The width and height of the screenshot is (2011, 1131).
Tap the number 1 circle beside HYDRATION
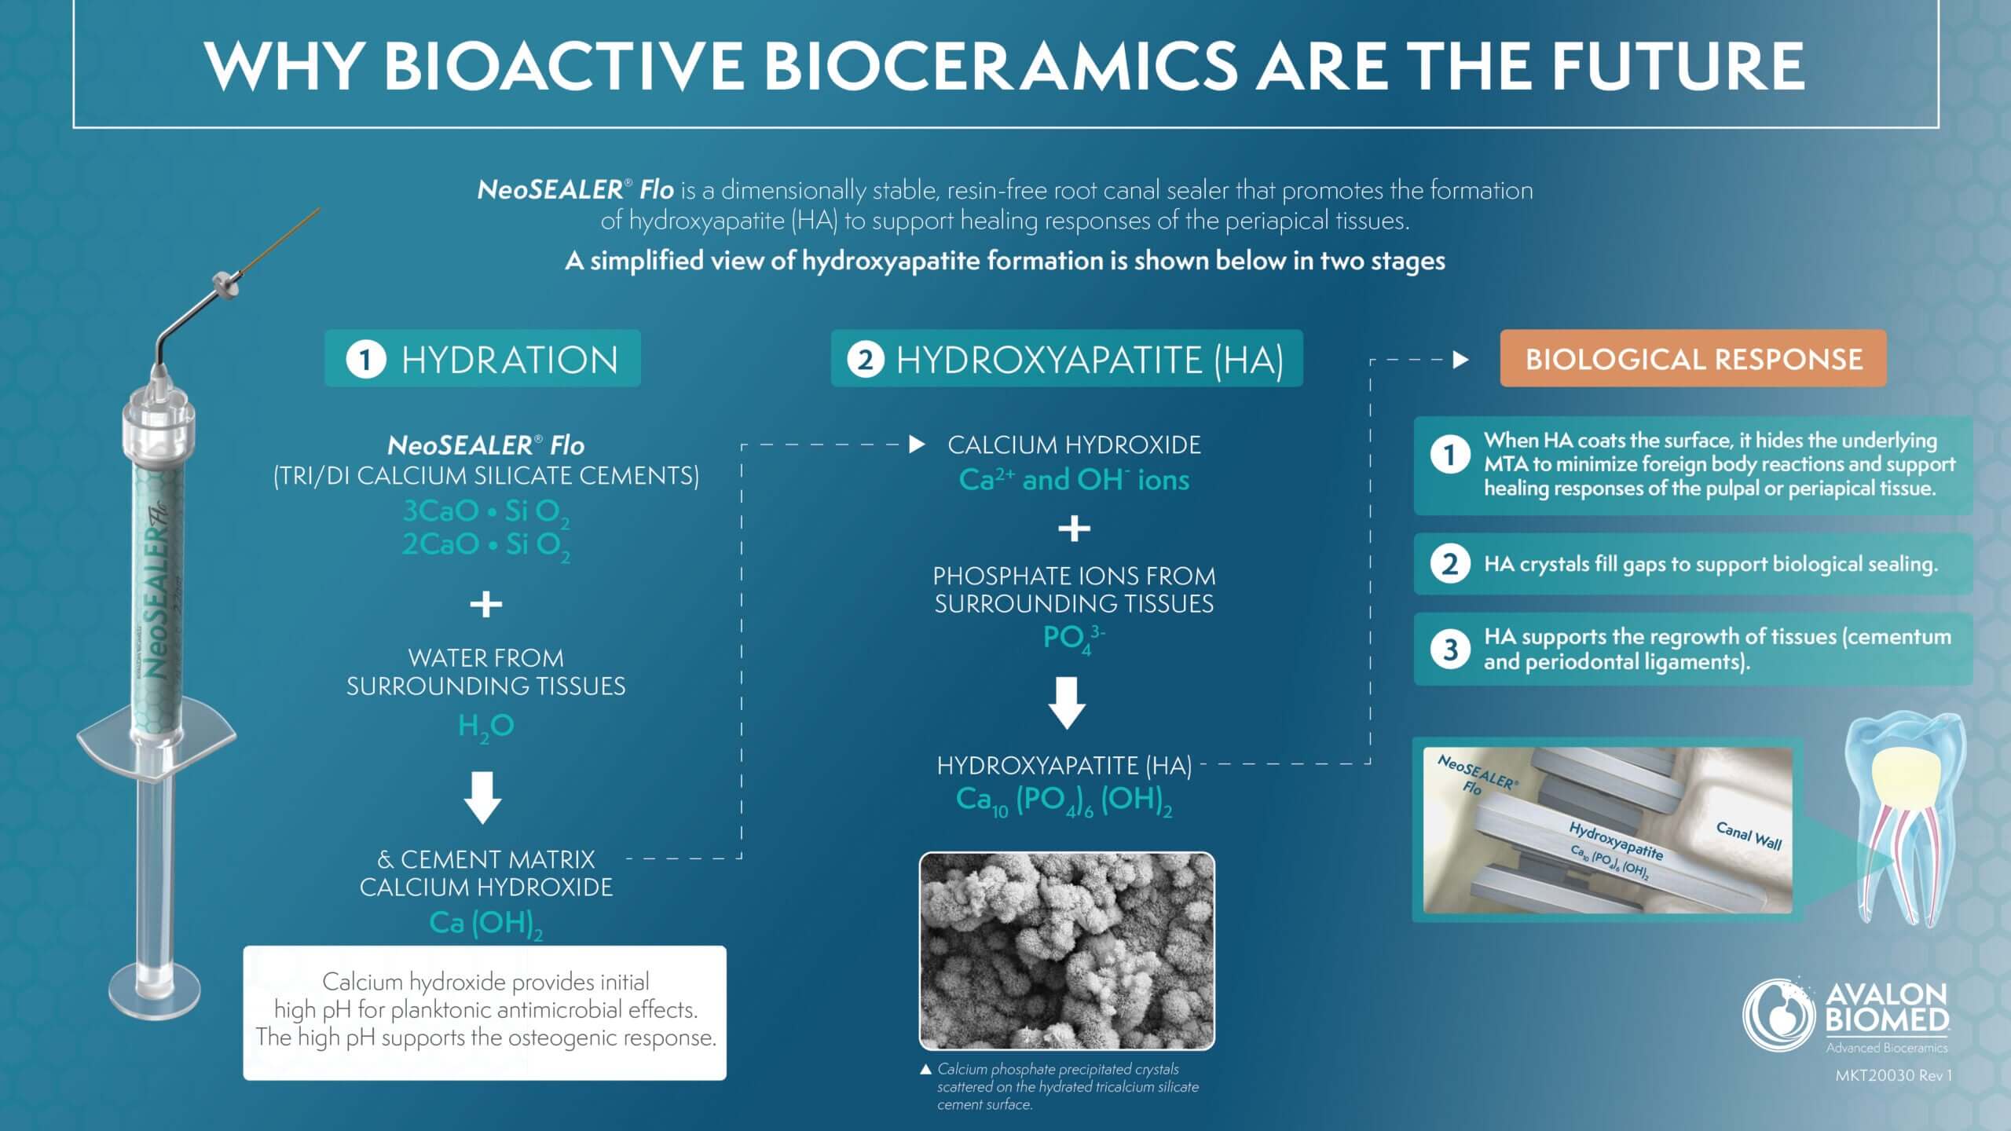pyautogui.click(x=365, y=360)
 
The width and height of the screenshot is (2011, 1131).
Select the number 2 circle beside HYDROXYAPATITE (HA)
pyautogui.click(x=866, y=360)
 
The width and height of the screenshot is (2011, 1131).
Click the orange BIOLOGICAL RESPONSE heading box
pyautogui.click(x=1693, y=359)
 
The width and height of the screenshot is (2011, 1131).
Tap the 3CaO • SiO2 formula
pyautogui.click(x=486, y=512)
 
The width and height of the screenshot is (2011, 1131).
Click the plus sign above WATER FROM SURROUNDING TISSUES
pyautogui.click(x=486, y=604)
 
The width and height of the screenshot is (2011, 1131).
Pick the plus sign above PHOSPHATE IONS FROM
pyautogui.click(x=1074, y=529)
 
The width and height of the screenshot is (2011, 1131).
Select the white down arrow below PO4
pyautogui.click(x=1068, y=703)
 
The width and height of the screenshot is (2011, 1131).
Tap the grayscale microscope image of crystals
pyautogui.click(x=1067, y=950)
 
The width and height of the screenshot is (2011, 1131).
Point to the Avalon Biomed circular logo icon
pyautogui.click(x=1779, y=1013)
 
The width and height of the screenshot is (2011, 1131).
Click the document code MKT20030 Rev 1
pyautogui.click(x=1893, y=1075)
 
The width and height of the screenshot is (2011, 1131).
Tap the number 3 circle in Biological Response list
pyautogui.click(x=1450, y=650)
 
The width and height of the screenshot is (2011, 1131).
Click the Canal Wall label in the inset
pyautogui.click(x=1749, y=836)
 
